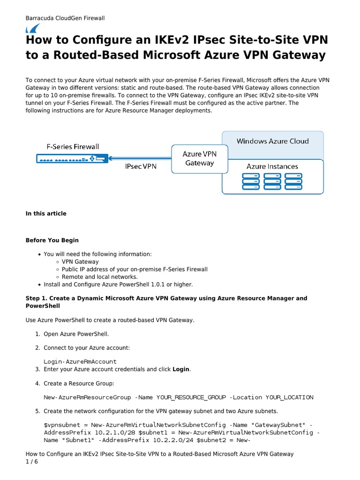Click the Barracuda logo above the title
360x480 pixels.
pyautogui.click(x=32, y=28)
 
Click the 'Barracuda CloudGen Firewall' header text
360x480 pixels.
pyautogui.click(x=65, y=18)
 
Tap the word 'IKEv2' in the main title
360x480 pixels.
pyautogui.click(x=144, y=40)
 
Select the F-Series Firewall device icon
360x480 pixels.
pyautogui.click(x=72, y=159)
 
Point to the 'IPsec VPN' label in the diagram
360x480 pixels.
pyautogui.click(x=141, y=166)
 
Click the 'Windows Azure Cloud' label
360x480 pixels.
pyautogui.click(x=272, y=141)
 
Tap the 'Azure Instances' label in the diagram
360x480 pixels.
pyautogui.click(x=272, y=166)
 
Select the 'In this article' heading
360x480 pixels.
pyautogui.click(x=46, y=214)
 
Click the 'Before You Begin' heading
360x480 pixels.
pyautogui.click(x=52, y=240)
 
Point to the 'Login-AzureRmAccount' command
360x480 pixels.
pyautogui.click(x=80, y=361)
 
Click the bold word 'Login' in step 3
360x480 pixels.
pyautogui.click(x=181, y=369)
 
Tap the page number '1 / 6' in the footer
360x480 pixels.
pyautogui.click(x=32, y=462)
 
